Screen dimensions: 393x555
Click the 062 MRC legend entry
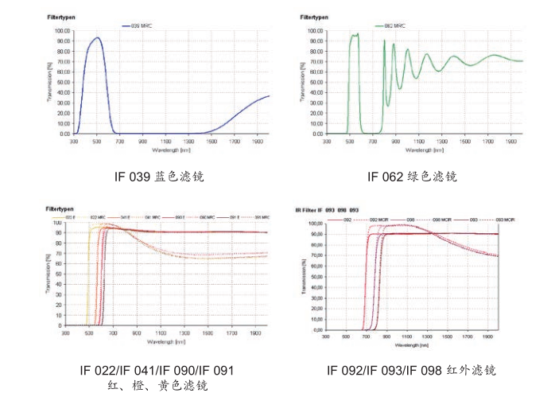[398, 26]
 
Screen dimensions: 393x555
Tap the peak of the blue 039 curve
[97, 37]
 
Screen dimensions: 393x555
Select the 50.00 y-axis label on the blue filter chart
[62, 83]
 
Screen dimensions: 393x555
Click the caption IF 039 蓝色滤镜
[160, 176]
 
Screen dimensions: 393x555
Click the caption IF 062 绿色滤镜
[413, 176]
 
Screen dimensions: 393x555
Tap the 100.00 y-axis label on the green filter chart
[314, 31]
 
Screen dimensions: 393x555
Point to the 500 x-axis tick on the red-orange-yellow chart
[89, 333]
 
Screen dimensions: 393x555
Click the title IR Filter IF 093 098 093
[326, 210]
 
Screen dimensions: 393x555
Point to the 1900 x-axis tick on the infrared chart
[485, 337]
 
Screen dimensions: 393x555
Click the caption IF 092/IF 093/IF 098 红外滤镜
[412, 371]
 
